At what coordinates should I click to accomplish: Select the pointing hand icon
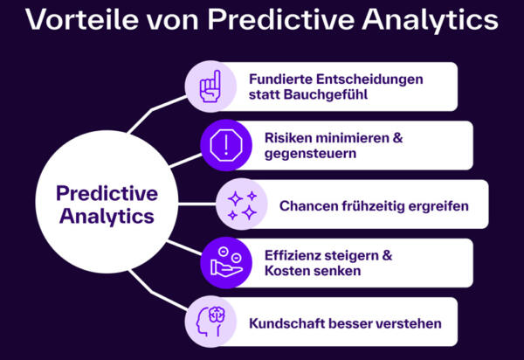coord(210,87)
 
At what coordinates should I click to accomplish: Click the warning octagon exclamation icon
coord(225,144)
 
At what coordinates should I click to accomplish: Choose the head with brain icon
coord(210,321)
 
